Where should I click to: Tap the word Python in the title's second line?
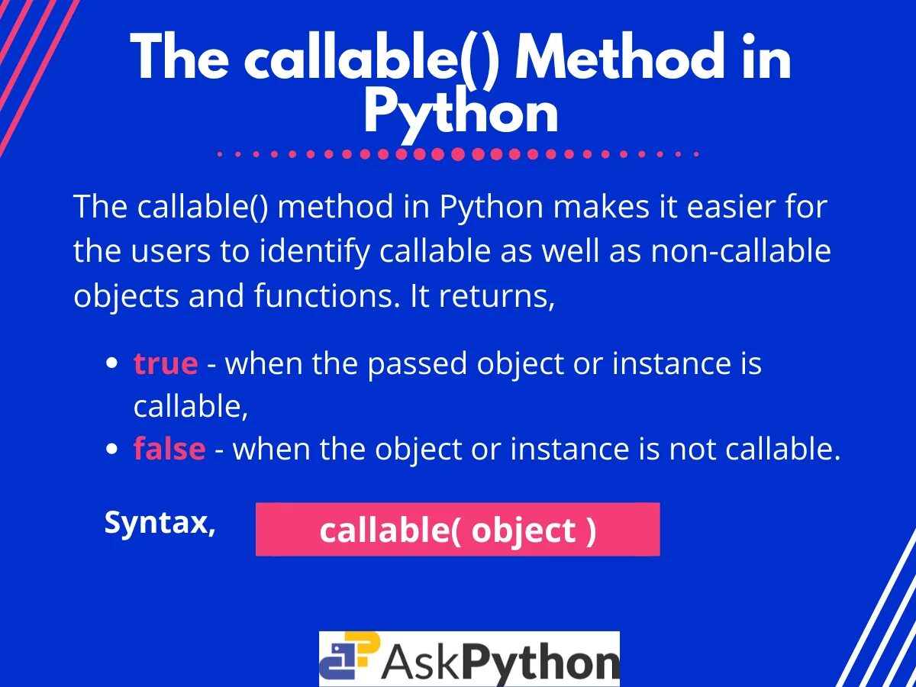pos(461,114)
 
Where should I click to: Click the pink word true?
pos(166,363)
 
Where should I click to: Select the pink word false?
pos(169,449)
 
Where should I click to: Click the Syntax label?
pos(160,523)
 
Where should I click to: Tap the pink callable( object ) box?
pos(457,529)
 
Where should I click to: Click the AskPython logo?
pos(469,659)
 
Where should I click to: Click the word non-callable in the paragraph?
pos(740,252)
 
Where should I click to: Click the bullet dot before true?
pos(112,364)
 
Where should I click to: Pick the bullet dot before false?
pos(112,450)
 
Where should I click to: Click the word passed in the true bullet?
pos(418,363)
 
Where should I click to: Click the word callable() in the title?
pos(372,59)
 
